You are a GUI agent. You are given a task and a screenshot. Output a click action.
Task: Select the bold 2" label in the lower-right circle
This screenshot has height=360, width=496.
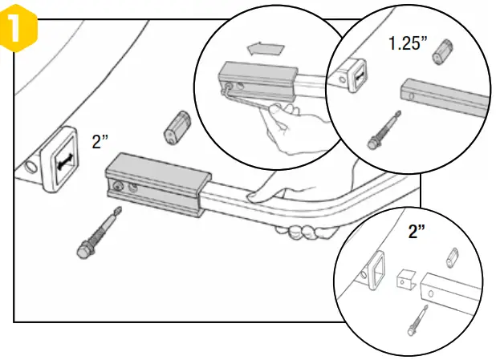tap(417, 232)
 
